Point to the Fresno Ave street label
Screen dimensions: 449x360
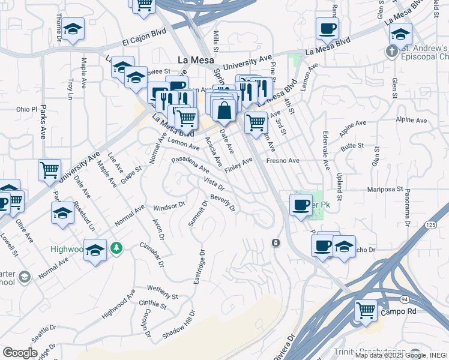pyautogui.click(x=283, y=161)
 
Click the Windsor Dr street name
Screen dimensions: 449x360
pyautogui.click(x=169, y=206)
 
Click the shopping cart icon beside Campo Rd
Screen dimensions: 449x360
pyautogui.click(x=366, y=310)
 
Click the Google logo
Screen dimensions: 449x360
pyautogui.click(x=20, y=353)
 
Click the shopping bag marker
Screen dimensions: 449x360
pyautogui.click(x=224, y=110)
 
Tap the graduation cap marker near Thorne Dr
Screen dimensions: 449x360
pyautogui.click(x=73, y=29)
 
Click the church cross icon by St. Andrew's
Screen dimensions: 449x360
pyautogui.click(x=391, y=51)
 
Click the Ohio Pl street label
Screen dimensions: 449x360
pyautogui.click(x=26, y=109)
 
